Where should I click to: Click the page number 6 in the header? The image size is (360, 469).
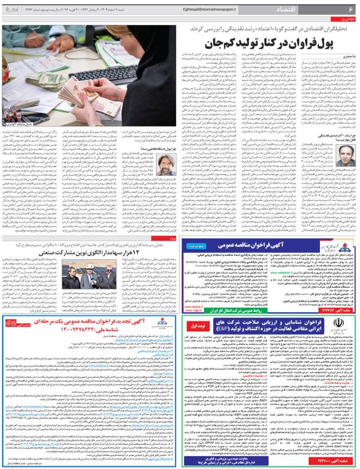pos(350,10)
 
